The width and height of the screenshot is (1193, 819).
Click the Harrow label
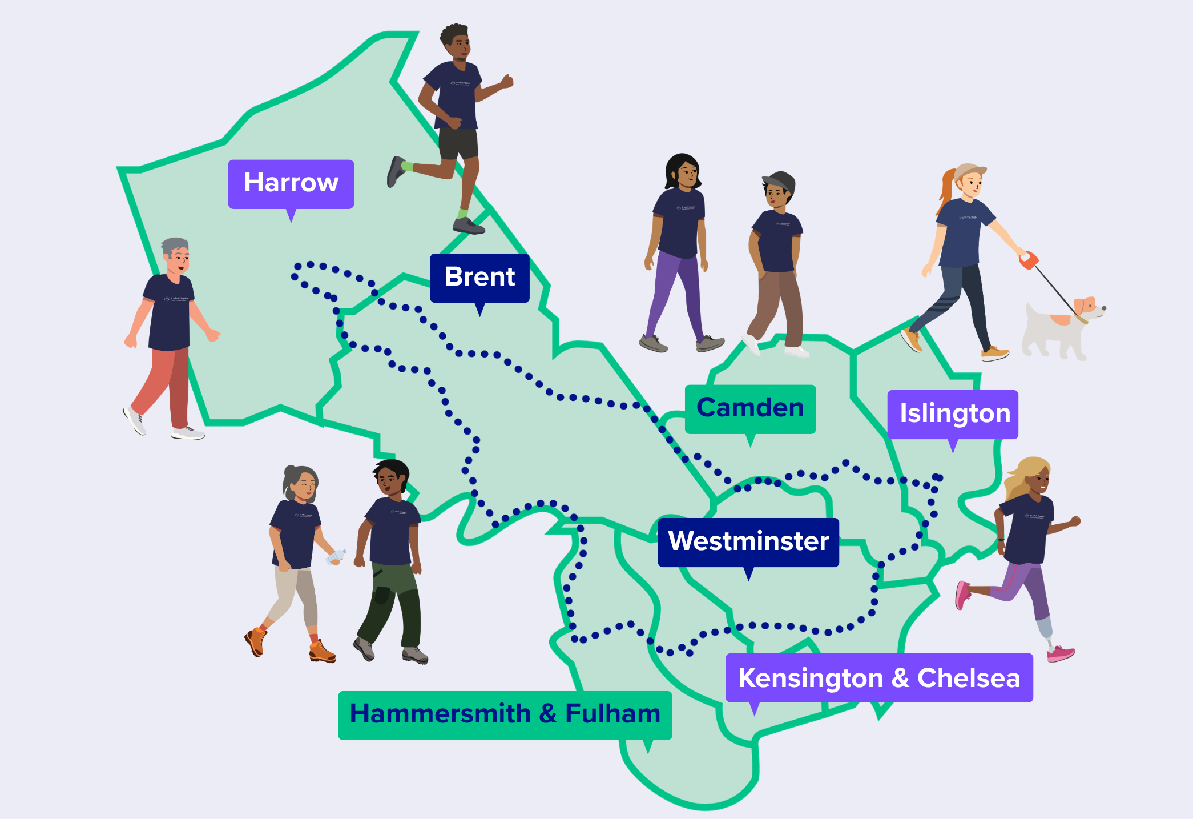pos(291,183)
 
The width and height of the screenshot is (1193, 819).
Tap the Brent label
pos(479,278)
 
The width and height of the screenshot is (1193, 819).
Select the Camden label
pos(750,408)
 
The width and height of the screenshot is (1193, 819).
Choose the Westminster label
pos(748,541)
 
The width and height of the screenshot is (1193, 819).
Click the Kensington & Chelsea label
pos(878,678)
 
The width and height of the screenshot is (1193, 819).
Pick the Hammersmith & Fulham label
pos(505,714)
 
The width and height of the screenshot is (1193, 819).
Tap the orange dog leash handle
pos(1028,260)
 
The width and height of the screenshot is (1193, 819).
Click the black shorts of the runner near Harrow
pos(458,144)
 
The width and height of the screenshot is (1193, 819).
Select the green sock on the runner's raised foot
pos(407,166)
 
